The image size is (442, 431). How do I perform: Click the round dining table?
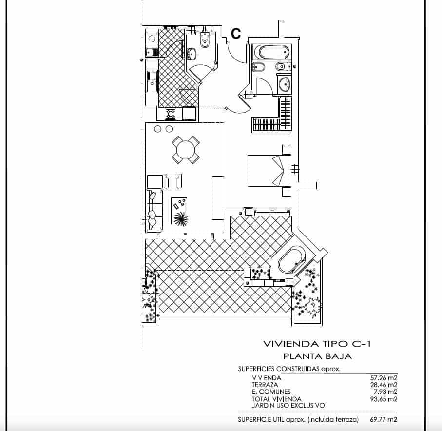[x=185, y=150]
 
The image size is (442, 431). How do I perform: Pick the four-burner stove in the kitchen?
[x=171, y=114]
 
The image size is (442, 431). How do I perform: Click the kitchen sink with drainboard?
[x=152, y=81]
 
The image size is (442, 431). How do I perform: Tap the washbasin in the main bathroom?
[x=284, y=84]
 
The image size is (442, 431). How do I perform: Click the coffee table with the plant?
[x=179, y=211]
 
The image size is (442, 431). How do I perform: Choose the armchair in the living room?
[x=173, y=181]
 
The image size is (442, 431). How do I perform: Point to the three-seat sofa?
[x=154, y=210]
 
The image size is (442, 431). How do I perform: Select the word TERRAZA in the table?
[x=265, y=385]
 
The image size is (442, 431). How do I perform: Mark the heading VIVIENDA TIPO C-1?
[x=317, y=344]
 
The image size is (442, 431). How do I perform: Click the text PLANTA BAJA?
[x=317, y=356]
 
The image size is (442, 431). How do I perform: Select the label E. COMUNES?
[x=271, y=392]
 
